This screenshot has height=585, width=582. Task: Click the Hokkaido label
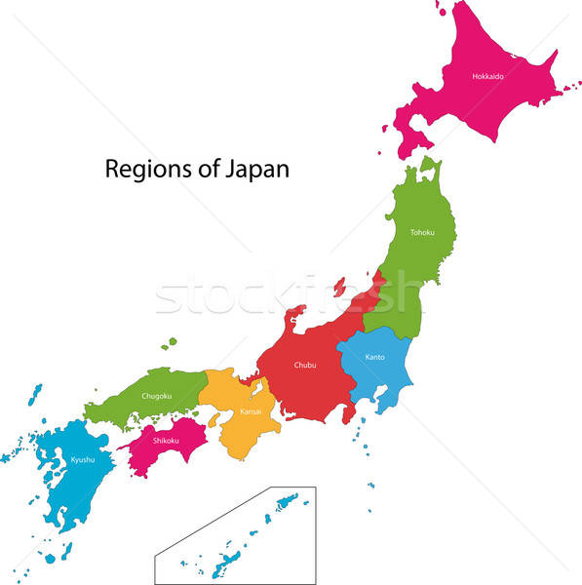point(486,76)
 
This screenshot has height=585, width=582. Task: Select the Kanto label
point(375,357)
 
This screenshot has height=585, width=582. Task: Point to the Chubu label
point(305,366)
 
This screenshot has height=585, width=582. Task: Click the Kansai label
point(250,412)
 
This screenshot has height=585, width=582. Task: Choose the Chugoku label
point(156,396)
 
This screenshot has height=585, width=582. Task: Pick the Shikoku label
point(166,440)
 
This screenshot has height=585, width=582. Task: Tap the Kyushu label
point(83,459)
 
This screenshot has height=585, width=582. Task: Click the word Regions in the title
point(143,169)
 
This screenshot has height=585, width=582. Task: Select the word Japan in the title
point(256,169)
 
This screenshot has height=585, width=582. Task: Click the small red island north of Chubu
point(339,287)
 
